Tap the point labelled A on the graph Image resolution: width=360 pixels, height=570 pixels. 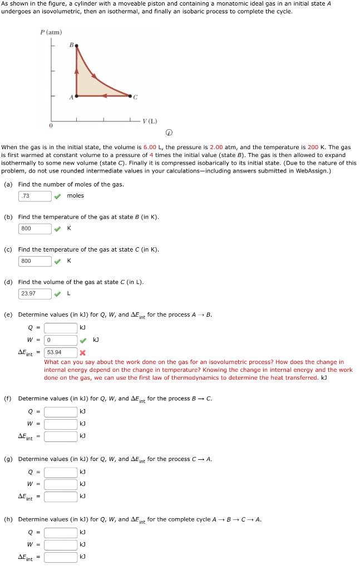[76, 96]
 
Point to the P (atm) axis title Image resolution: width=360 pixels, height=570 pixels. [51, 32]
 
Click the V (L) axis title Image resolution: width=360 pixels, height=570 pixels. [150, 121]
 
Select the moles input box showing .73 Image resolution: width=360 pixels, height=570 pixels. [35, 196]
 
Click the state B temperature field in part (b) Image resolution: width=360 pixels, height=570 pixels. [35, 229]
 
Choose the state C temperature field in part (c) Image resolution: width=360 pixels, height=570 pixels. [35, 261]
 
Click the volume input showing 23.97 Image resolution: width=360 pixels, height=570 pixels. [35, 293]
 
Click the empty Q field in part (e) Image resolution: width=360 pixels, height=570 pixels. [61, 328]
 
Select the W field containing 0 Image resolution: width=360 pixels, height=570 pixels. [61, 340]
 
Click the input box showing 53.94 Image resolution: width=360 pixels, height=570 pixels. [61, 352]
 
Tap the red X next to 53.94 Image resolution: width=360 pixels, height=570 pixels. [82, 352]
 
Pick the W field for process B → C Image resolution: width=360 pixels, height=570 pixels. [61, 424]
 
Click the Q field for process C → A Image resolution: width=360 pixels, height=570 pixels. [61, 473]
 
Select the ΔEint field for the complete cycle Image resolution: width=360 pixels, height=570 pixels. [61, 557]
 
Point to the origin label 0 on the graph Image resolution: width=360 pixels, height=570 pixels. [51, 126]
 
